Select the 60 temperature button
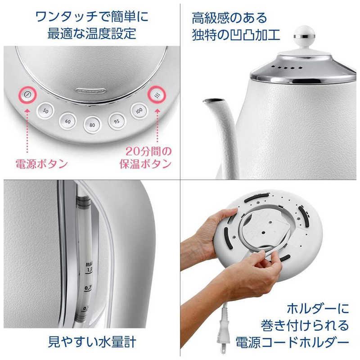point(67,121)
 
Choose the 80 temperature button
point(92,124)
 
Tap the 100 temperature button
point(139,110)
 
